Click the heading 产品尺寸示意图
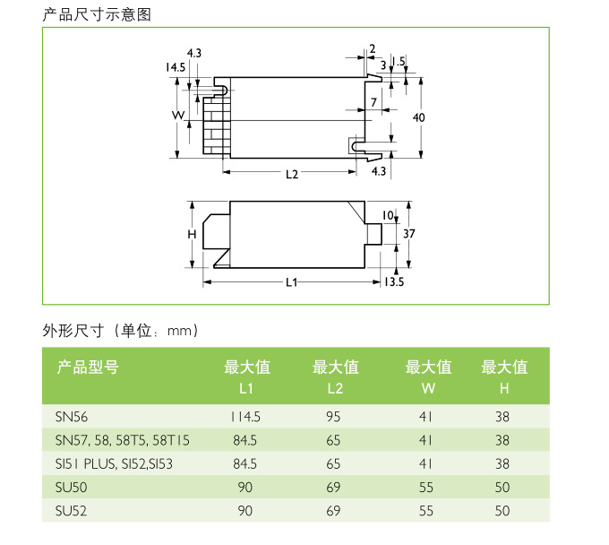[98, 14]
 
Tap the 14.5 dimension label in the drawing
[175, 68]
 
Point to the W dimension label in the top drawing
[178, 117]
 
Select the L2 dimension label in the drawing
[292, 174]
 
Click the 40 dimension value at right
[418, 118]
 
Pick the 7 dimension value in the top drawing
[373, 102]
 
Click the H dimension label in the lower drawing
[192, 234]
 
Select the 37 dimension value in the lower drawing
[409, 233]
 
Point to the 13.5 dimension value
[394, 283]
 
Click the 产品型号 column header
[88, 367]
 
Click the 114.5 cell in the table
[245, 417]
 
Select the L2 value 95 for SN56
[334, 417]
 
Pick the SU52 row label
[72, 511]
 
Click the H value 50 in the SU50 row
[502, 488]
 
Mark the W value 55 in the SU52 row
[425, 511]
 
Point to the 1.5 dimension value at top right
[399, 61]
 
